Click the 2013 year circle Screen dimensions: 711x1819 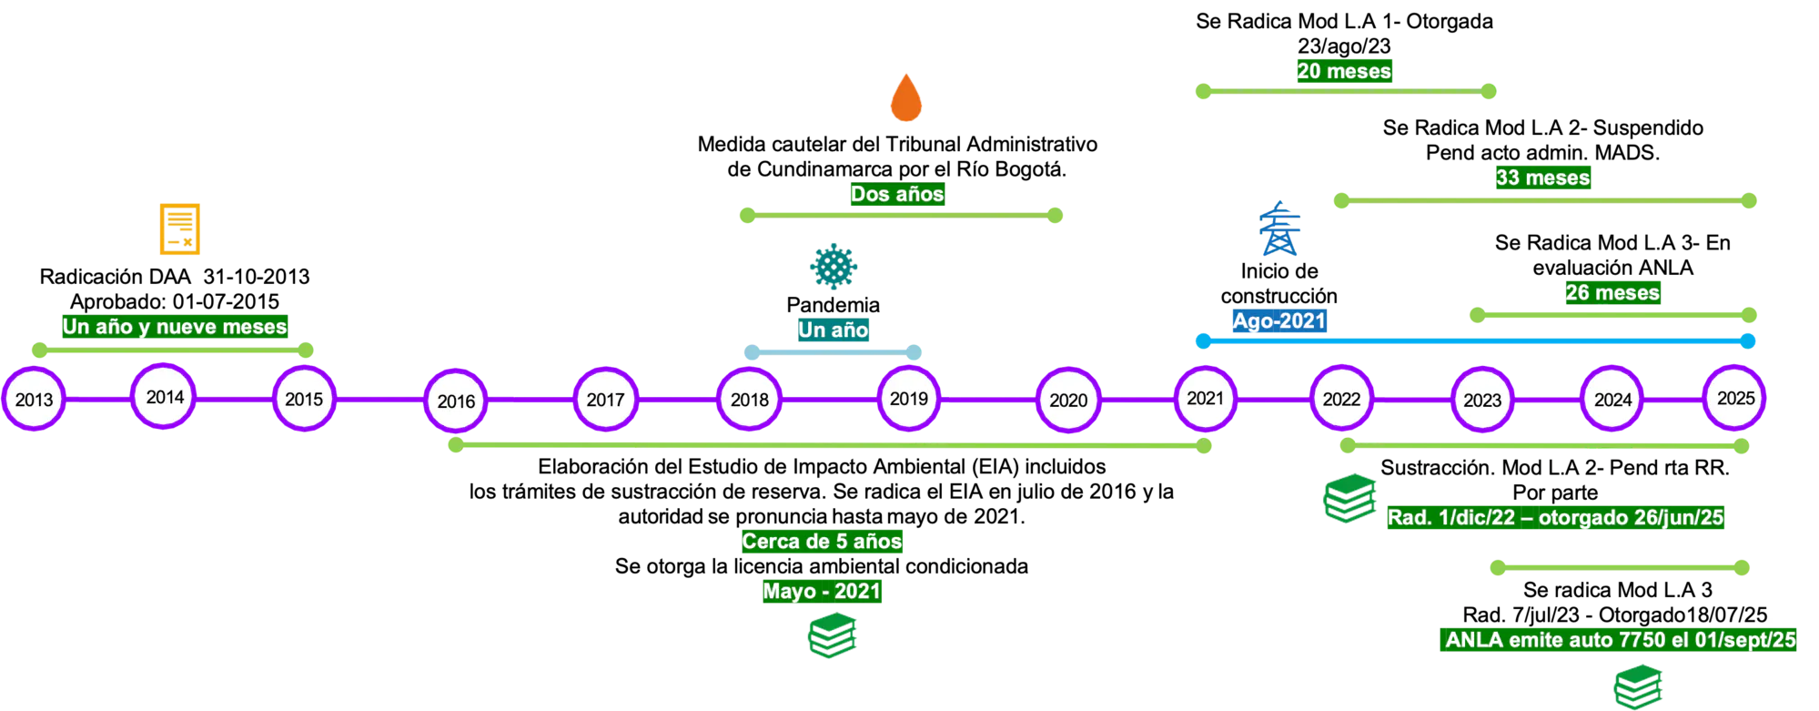click(x=35, y=400)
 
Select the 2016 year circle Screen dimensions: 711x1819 click(x=456, y=401)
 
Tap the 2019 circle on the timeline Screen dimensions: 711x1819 click(x=908, y=399)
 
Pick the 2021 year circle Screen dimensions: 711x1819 click(x=1205, y=398)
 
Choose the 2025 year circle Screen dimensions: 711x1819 click(x=1735, y=398)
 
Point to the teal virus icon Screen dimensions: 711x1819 click(x=833, y=266)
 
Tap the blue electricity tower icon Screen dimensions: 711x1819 click(x=1280, y=229)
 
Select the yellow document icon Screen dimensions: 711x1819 click(x=178, y=229)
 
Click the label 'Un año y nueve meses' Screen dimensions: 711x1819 click(x=174, y=326)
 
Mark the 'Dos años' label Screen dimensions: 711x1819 click(x=896, y=194)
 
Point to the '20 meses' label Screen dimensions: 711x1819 click(x=1343, y=71)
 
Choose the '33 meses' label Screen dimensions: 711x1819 click(x=1542, y=178)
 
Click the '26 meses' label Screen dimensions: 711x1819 click(x=1612, y=292)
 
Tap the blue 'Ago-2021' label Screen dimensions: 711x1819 click(x=1278, y=320)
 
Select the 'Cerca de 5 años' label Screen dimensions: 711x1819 click(x=821, y=541)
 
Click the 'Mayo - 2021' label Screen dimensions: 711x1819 click(x=821, y=591)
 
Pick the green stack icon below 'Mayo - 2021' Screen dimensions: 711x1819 click(x=833, y=635)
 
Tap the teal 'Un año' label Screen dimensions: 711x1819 click(x=833, y=329)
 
